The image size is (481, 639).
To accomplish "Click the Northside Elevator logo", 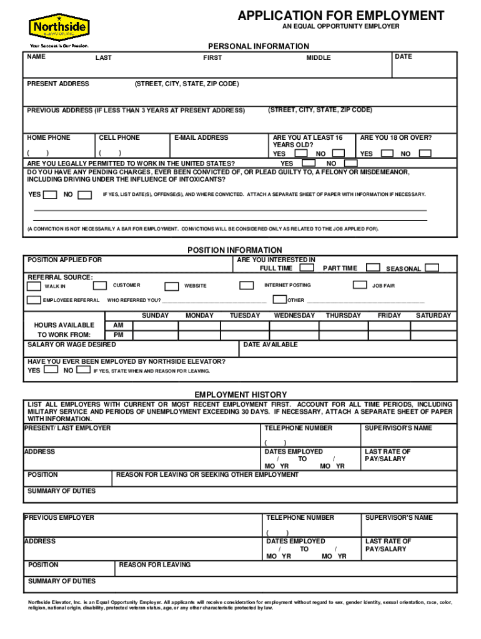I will pyautogui.click(x=59, y=27).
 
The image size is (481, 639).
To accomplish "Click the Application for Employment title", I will pyautogui.click(x=340, y=16).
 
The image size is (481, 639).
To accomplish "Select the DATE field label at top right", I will pyautogui.click(x=404, y=57).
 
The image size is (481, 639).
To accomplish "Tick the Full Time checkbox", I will pyautogui.click(x=306, y=268).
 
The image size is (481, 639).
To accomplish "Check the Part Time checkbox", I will pyautogui.click(x=373, y=268).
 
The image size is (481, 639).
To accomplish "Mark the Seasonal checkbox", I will pyautogui.click(x=432, y=268).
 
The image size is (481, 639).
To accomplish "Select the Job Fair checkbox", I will pyautogui.click(x=359, y=285).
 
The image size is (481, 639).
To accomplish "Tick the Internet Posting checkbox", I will pyautogui.click(x=247, y=285).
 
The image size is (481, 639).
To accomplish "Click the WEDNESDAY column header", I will pyautogui.click(x=294, y=316).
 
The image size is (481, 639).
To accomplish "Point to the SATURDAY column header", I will pyautogui.click(x=433, y=316).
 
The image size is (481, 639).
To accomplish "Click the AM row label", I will pyautogui.click(x=118, y=325).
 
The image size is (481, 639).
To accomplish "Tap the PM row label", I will pyautogui.click(x=118, y=335).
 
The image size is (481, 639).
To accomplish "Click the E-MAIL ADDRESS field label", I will pyautogui.click(x=201, y=138).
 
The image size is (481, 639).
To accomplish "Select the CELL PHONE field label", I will pyautogui.click(x=119, y=138).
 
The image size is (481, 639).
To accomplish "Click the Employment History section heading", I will pyautogui.click(x=241, y=395).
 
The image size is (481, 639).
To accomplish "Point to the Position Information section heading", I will pyautogui.click(x=235, y=250).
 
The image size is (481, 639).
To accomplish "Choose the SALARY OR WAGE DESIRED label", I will pyautogui.click(x=72, y=344).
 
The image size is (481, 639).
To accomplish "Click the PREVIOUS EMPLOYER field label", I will pyautogui.click(x=59, y=517).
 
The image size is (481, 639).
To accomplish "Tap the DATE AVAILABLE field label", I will pyautogui.click(x=270, y=344).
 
